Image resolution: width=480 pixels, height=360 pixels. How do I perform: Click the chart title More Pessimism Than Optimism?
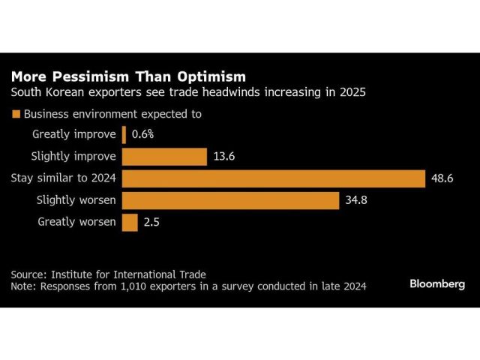coord(127,76)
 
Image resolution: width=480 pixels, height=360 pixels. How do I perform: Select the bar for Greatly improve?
coord(124,134)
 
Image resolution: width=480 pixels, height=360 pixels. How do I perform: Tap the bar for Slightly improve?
coord(164,156)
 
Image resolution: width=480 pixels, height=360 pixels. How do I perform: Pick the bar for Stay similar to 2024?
coord(274,178)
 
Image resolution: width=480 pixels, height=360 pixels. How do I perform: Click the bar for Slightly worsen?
coord(230,200)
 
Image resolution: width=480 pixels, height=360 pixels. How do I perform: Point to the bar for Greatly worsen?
coord(130,222)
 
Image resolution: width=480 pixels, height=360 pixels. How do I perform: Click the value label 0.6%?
coord(142,134)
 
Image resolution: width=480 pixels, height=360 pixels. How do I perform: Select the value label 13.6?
coord(223,156)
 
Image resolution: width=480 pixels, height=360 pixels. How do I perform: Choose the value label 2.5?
coord(151,222)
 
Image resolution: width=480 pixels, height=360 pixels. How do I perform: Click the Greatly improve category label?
coord(74,134)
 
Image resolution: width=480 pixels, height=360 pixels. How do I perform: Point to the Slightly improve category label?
coord(73,156)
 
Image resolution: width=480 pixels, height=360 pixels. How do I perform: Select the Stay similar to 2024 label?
coord(64,178)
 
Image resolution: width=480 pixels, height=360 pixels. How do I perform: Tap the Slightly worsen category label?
coord(76,200)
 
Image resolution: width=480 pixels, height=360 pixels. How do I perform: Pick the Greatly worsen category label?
coord(77,222)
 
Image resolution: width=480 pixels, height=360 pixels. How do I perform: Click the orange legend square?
coord(15,115)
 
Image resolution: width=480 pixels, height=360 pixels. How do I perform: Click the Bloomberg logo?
coord(437,283)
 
